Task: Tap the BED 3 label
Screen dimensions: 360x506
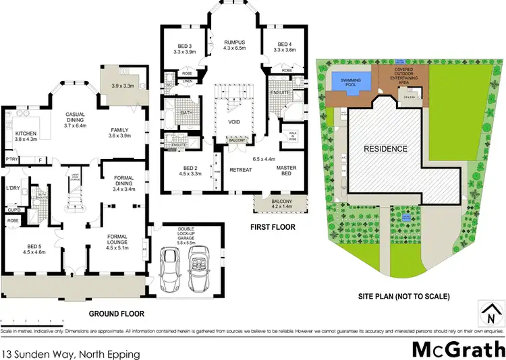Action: [x=184, y=47]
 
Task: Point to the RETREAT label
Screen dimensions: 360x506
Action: [x=240, y=169]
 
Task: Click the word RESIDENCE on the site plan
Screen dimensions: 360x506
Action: [x=385, y=148]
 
